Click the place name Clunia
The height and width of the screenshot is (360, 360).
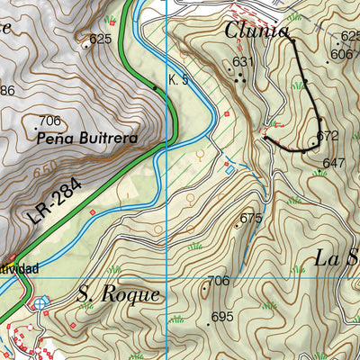click(257, 31)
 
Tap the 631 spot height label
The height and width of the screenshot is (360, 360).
click(242, 62)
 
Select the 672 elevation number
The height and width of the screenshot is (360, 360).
click(328, 136)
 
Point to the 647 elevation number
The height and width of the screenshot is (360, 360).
click(334, 163)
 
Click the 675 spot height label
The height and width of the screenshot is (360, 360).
click(250, 218)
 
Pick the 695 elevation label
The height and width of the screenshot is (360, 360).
click(222, 317)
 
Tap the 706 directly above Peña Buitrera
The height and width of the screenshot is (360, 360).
click(49, 121)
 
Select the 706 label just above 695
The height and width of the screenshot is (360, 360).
click(219, 282)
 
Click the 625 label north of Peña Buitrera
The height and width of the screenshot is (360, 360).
click(100, 39)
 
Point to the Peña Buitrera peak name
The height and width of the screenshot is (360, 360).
click(87, 139)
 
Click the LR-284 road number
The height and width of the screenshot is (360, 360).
click(54, 203)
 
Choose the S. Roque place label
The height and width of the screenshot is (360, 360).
click(118, 294)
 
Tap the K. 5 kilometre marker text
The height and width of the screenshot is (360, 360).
click(178, 80)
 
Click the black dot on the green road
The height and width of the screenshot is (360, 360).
click(155, 87)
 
